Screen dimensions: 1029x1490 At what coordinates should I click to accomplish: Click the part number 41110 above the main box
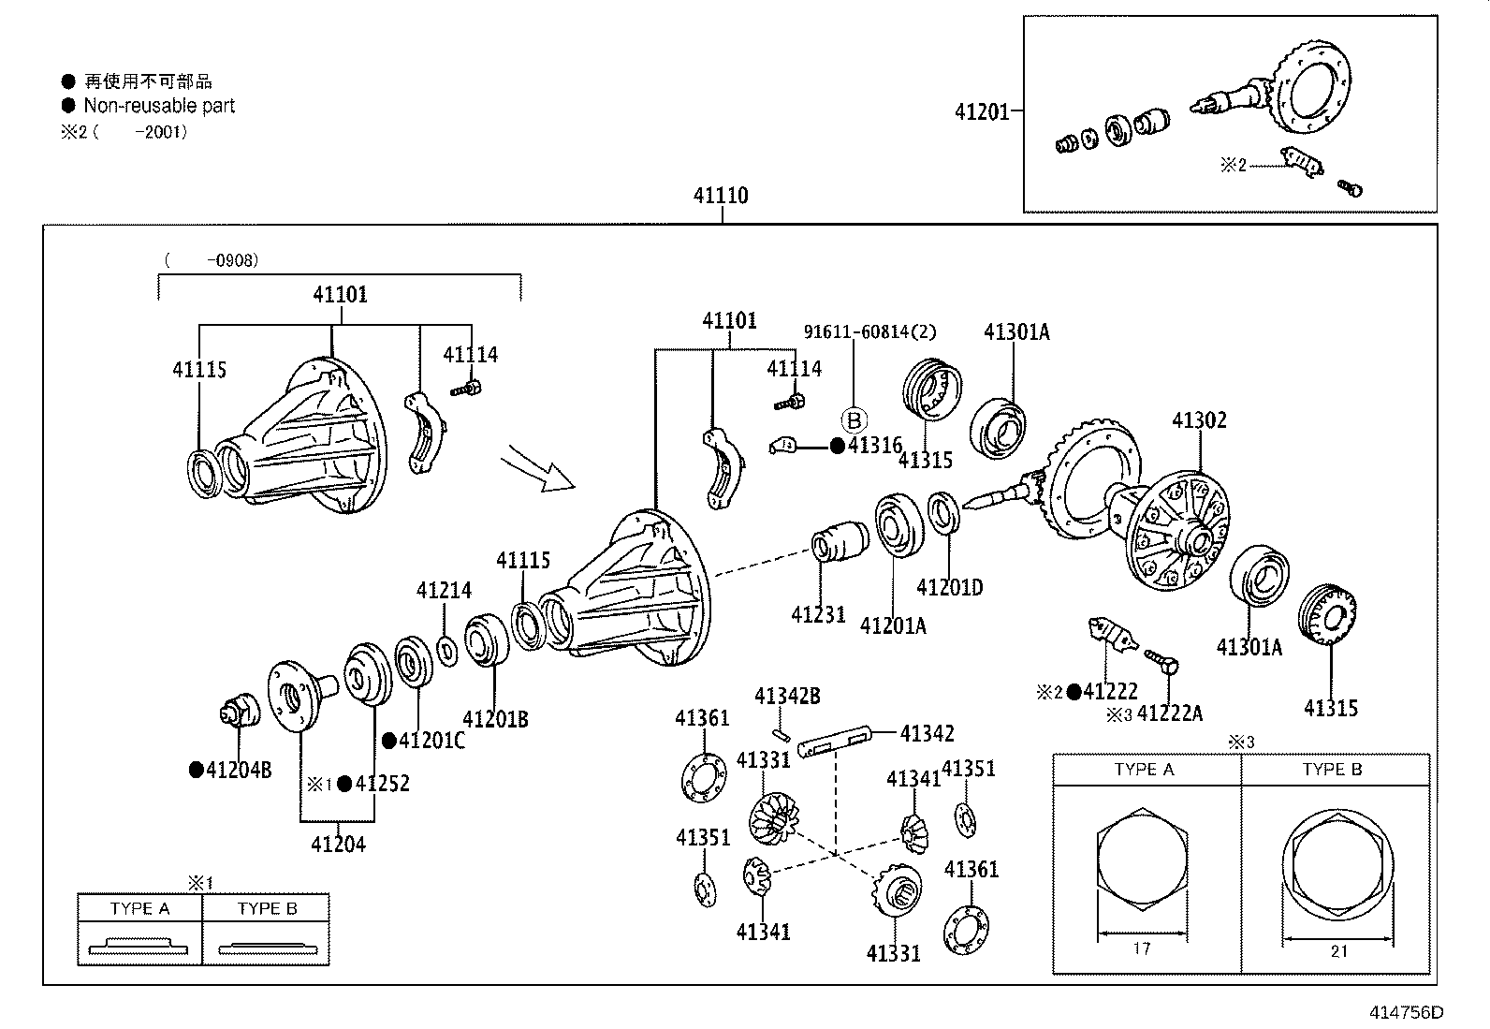coord(721,196)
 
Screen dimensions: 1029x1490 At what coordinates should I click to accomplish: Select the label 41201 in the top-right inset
coord(982,112)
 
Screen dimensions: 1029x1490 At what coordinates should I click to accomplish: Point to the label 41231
coord(818,615)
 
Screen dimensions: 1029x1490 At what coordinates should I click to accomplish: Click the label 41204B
coord(239,770)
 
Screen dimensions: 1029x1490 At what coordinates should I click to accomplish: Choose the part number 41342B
coord(787,696)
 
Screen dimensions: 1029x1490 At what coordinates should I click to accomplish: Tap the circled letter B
coord(854,420)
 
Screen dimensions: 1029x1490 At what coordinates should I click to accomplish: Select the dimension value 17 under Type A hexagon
coord(1141,949)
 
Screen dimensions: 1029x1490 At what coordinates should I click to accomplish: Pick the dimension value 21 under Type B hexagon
coord(1338,951)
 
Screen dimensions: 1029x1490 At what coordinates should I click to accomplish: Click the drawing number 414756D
coord(1406,1012)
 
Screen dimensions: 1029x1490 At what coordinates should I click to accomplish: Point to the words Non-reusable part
coord(159,106)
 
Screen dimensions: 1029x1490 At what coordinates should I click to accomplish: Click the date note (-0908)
coord(212,260)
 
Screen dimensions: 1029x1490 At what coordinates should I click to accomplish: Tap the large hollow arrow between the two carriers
coord(536,467)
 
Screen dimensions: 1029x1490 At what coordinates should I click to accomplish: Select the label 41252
coord(382,784)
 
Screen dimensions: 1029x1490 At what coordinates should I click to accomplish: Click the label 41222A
coord(1169,714)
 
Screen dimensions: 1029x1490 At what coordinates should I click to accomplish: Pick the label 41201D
coord(949,588)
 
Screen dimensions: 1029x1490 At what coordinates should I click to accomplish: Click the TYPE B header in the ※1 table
coord(267,908)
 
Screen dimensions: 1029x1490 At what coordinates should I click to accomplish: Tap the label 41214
coord(444,591)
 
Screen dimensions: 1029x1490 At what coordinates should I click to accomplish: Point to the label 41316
coord(874,446)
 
